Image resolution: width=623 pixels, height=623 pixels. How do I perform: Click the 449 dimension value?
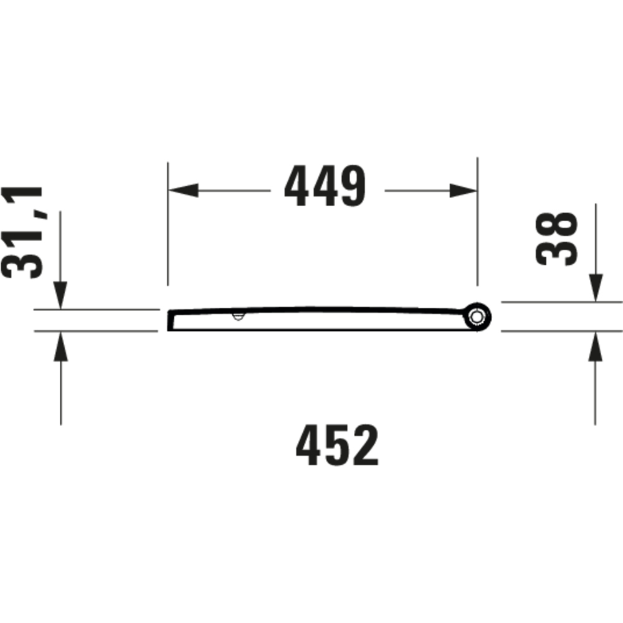click(x=325, y=186)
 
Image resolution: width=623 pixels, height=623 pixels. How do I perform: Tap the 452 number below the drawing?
click(x=337, y=445)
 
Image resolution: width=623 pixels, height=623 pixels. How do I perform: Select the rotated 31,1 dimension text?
click(x=22, y=232)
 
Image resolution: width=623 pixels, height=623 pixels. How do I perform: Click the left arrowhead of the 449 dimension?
click(x=183, y=190)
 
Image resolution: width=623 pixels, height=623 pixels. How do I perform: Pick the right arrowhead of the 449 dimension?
click(x=463, y=191)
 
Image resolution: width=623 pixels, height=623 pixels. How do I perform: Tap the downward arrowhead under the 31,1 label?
click(x=60, y=295)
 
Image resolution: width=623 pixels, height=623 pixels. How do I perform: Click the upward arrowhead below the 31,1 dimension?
click(x=61, y=346)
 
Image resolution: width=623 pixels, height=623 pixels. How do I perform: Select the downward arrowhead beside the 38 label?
click(x=596, y=288)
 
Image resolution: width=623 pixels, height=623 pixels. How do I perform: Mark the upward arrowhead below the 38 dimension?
click(x=595, y=346)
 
